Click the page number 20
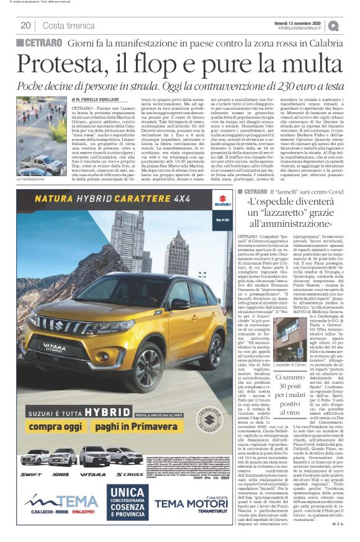click(x=25, y=25)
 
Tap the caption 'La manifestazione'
click(x=32, y=179)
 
